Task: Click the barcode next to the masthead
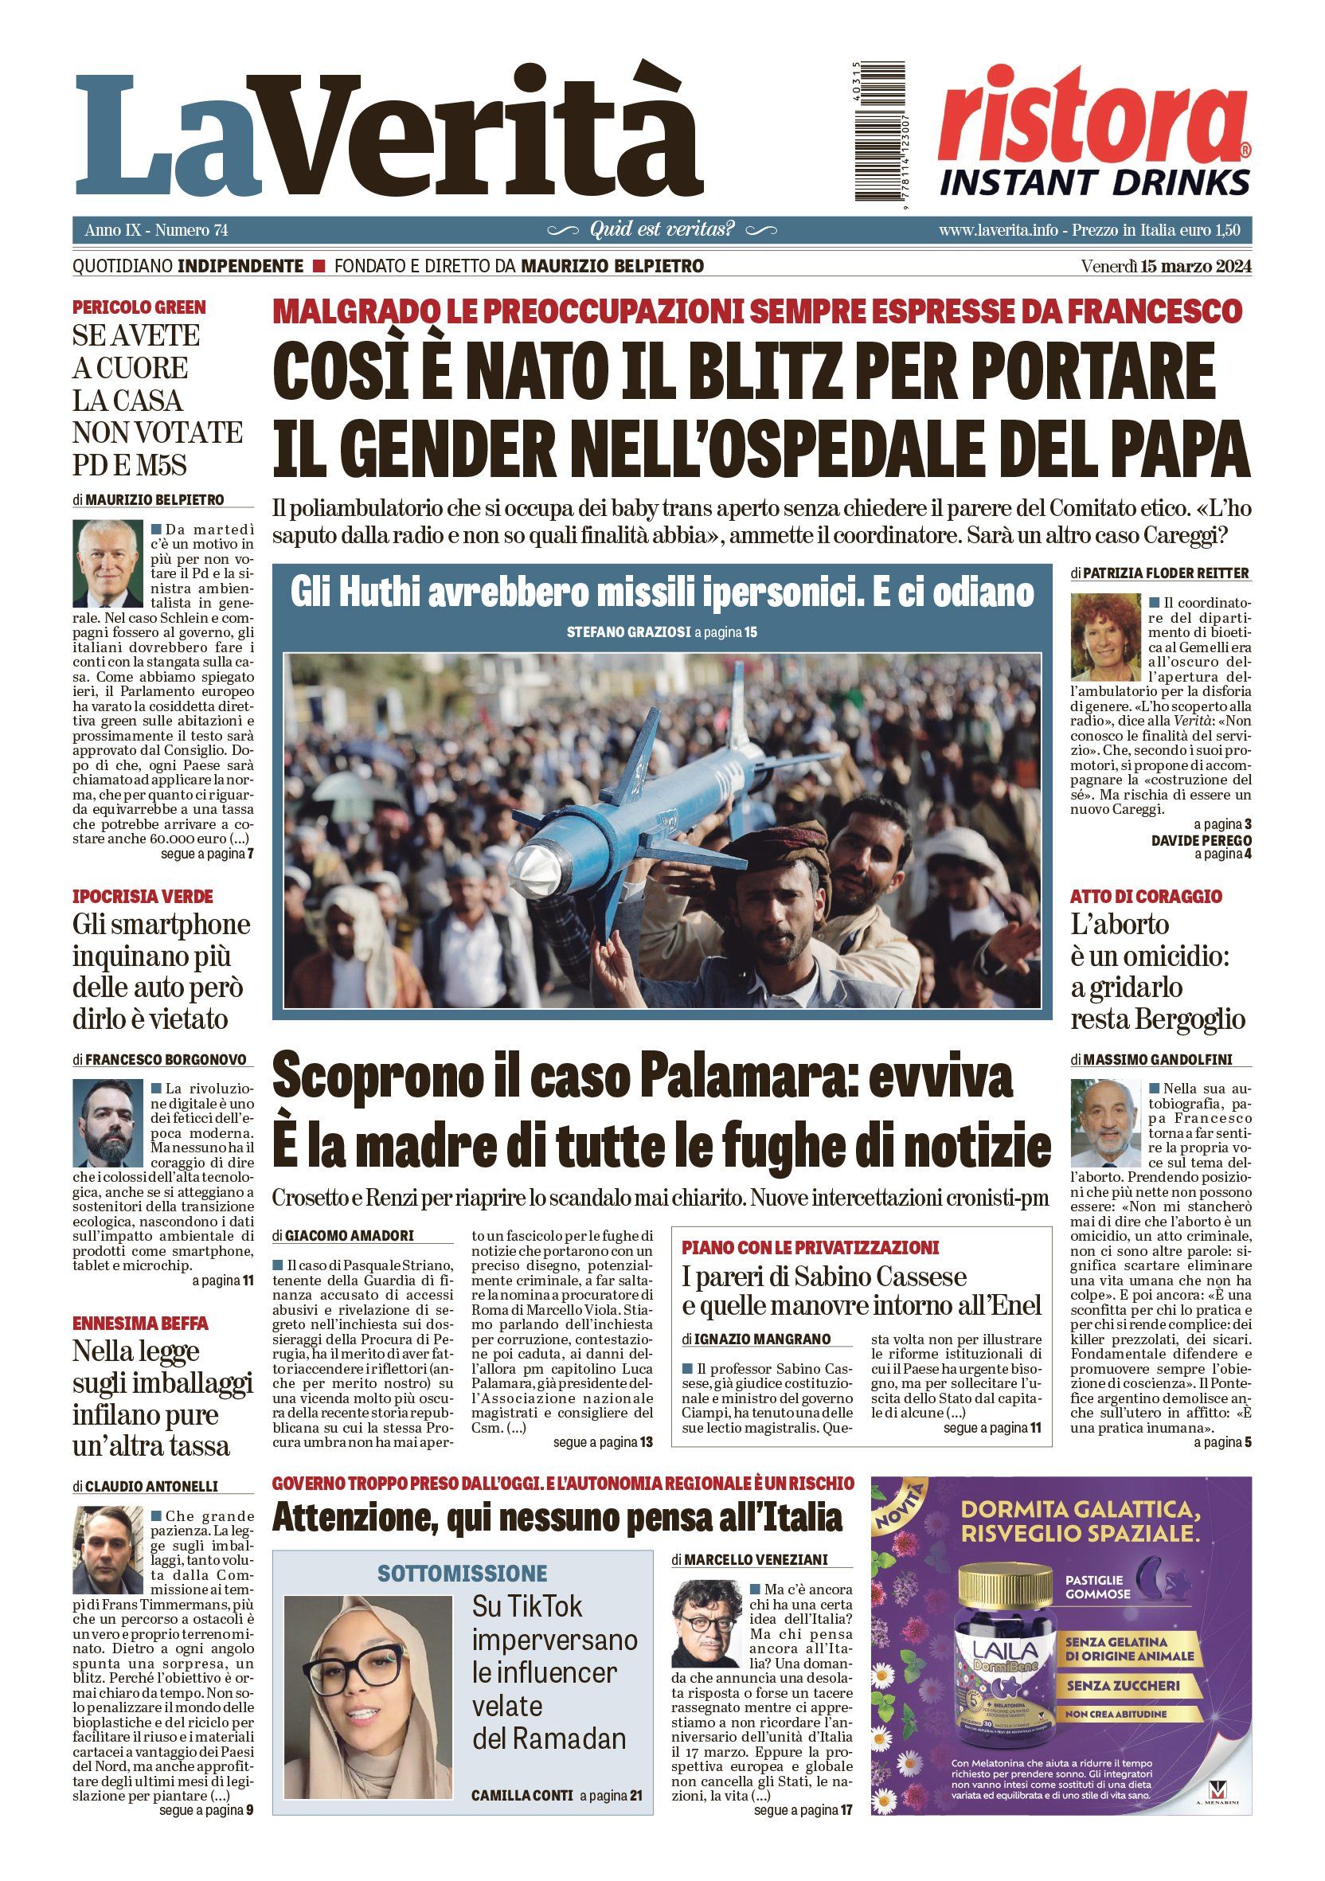(880, 131)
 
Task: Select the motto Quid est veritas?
(662, 229)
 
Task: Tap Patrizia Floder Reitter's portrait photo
(1105, 636)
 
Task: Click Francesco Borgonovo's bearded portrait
(107, 1122)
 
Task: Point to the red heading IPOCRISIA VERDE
(143, 895)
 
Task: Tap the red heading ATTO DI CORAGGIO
(1145, 895)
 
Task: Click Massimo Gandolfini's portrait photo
(1105, 1122)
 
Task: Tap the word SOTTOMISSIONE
(462, 1573)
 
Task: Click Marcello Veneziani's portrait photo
(707, 1624)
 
